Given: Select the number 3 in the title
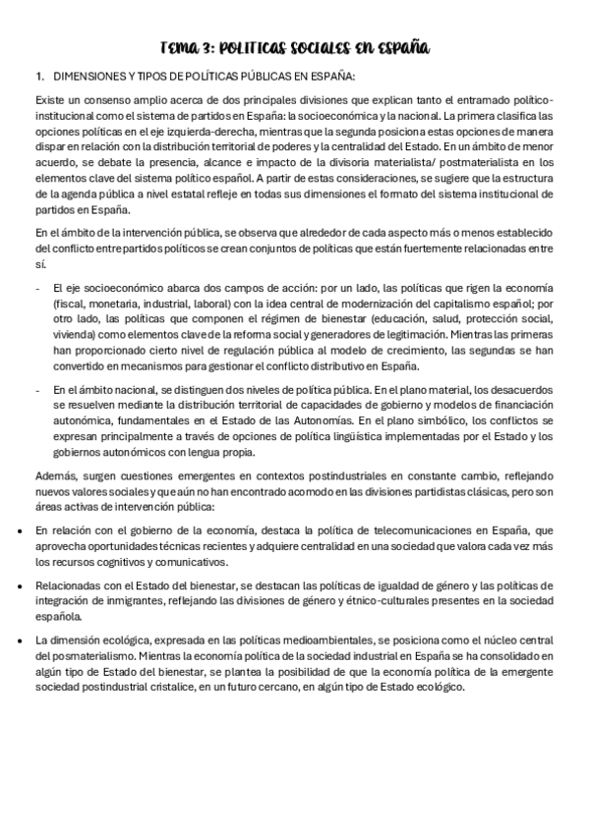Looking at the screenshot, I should (x=207, y=47).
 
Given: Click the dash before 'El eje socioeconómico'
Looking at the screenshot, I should (x=36, y=288).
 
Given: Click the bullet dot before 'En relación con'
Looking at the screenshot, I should (x=22, y=530).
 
